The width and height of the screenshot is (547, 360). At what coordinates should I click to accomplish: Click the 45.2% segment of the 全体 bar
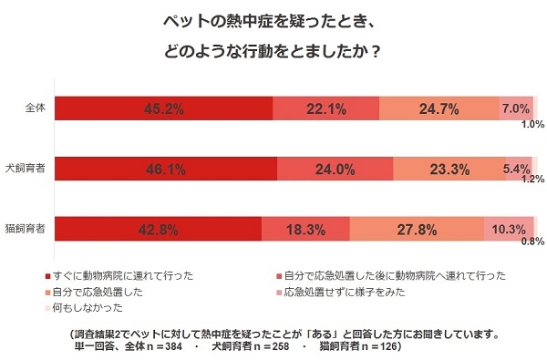[164, 108]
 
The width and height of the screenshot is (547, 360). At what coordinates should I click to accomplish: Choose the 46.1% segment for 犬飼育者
[165, 169]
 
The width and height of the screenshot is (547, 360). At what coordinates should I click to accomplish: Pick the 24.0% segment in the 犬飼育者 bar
[335, 169]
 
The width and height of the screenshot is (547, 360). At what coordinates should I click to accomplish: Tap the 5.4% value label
[516, 169]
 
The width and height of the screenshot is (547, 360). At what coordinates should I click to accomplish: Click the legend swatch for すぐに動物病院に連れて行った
[46, 275]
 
